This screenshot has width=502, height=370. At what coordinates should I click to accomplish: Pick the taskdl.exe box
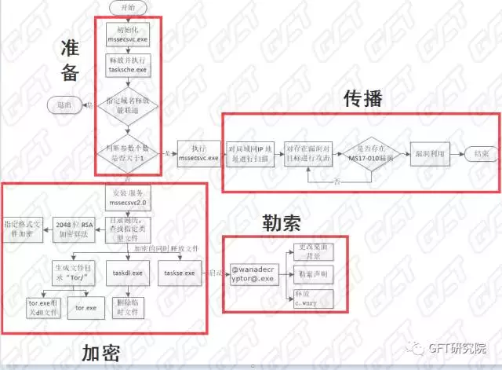pos(125,273)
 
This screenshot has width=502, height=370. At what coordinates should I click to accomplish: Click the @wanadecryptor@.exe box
pos(253,273)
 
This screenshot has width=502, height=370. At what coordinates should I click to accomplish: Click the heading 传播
pos(362,99)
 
